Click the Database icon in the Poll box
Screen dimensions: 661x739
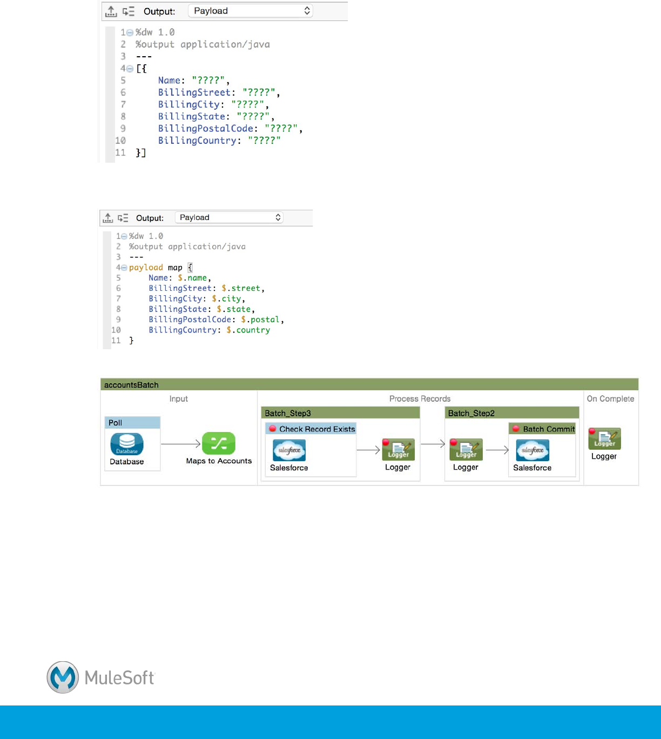(x=127, y=444)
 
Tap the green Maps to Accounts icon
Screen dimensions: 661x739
(x=219, y=443)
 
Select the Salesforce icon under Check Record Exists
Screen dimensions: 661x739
(x=289, y=450)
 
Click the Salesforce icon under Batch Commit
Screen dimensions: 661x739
(x=532, y=450)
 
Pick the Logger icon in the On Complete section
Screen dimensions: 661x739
(x=604, y=439)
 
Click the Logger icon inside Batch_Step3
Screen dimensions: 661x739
(x=399, y=450)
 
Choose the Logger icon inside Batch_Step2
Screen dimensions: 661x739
(x=466, y=450)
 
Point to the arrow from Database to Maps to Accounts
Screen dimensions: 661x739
(x=181, y=444)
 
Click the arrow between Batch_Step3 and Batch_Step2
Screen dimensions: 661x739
(x=433, y=444)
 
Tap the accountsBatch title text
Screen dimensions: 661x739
(x=131, y=385)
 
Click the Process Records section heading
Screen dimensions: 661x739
(x=420, y=399)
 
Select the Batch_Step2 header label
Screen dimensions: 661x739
(x=471, y=414)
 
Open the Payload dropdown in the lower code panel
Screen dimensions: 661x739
(x=230, y=217)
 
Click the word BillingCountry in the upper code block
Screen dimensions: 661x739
(x=197, y=141)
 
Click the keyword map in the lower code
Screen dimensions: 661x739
(x=175, y=268)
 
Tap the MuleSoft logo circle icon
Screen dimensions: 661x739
(x=63, y=677)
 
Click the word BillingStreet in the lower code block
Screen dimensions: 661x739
(x=180, y=288)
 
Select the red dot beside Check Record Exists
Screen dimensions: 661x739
(x=273, y=429)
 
